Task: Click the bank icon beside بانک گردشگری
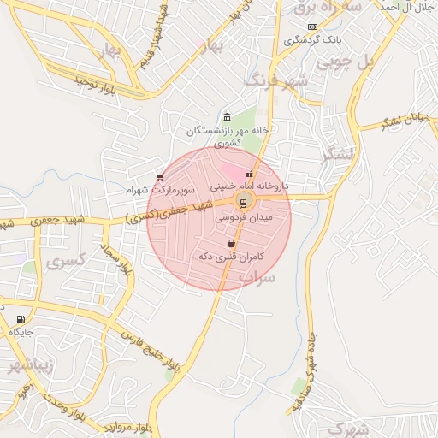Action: click(x=312, y=27)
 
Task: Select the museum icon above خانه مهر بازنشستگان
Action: click(x=226, y=117)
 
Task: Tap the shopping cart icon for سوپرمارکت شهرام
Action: click(x=160, y=177)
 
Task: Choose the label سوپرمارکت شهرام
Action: click(x=161, y=188)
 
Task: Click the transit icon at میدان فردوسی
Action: click(x=243, y=202)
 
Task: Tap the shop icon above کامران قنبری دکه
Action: click(x=231, y=244)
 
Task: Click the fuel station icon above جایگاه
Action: click(x=20, y=319)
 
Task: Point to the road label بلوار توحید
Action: click(x=94, y=84)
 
